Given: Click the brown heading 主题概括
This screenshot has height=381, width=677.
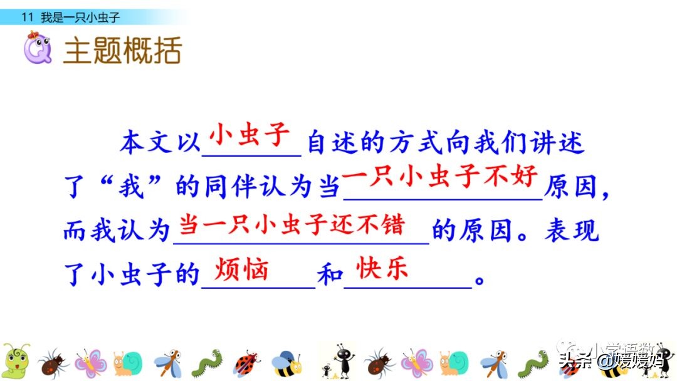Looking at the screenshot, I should point(122,50).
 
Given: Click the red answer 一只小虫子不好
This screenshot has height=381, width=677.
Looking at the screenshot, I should point(441,179).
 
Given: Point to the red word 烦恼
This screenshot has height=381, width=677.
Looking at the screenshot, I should point(241,270).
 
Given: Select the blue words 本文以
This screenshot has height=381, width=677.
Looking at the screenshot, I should point(160,144).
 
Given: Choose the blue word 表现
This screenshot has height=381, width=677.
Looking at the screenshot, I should point(572,231).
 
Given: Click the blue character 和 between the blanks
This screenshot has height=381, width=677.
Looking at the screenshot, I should point(330,276).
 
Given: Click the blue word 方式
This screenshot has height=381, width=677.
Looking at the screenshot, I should point(433,144).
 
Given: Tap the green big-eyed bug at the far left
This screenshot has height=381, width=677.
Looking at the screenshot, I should point(16,360).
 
